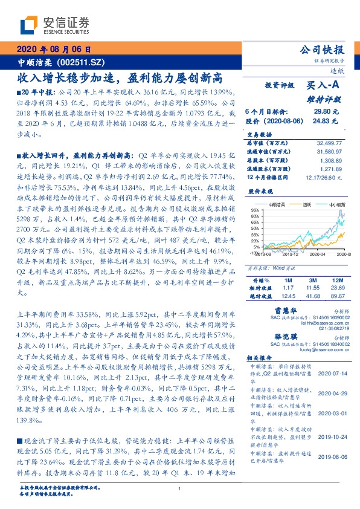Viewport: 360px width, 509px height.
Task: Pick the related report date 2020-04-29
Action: coord(332,392)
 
